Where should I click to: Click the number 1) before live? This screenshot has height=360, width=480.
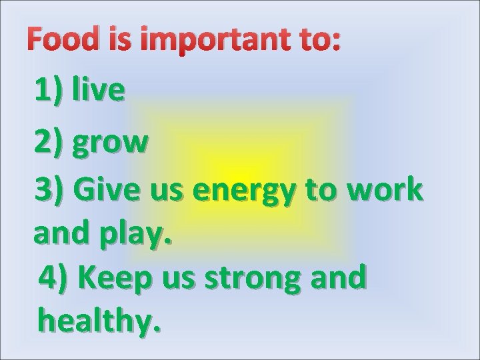tap(50, 90)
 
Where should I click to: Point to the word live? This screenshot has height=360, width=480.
tap(99, 90)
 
